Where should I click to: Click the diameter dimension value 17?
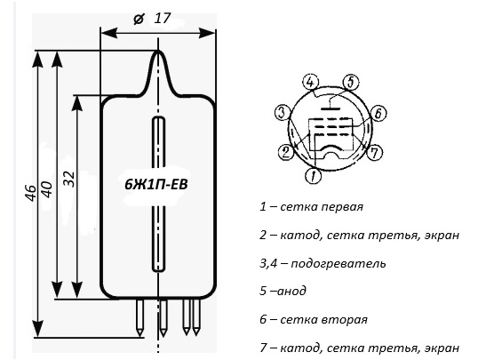pos(162,19)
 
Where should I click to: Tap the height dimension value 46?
pos(31,193)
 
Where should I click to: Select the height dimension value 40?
pos(48,189)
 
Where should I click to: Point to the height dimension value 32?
pos(69,179)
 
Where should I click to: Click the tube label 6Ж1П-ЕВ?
pos(155,185)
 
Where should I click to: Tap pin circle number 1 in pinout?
pos(313,175)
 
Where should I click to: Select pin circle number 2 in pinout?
pos(286,152)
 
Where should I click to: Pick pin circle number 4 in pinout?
pos(310,83)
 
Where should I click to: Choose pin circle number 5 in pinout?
pos(351,83)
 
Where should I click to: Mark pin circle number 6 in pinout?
pos(378,113)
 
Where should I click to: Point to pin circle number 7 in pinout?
pos(375,152)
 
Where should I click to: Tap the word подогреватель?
pos(339,263)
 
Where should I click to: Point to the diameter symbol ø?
pos(139,20)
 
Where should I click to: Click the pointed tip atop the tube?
pos(157,51)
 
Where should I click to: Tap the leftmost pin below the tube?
pos(139,317)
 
